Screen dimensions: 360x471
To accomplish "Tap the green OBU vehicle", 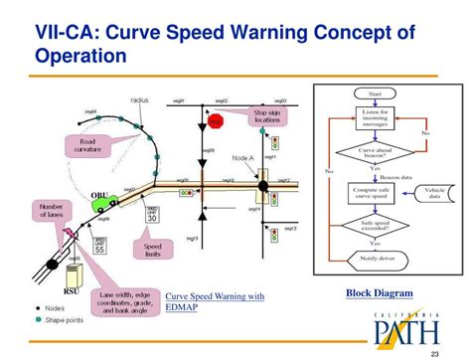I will [102, 202].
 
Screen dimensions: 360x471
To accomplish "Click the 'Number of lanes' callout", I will [52, 214].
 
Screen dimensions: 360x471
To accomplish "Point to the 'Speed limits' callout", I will [153, 251].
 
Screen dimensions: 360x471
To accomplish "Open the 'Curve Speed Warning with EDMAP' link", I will [215, 301].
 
